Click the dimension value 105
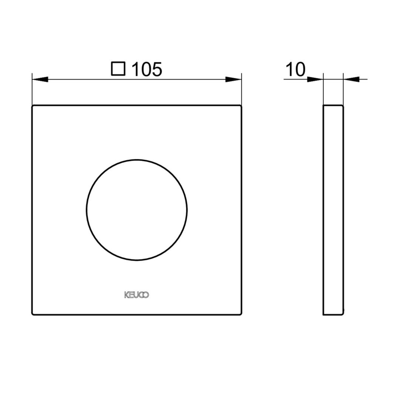tap(147, 69)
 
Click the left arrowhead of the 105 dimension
tap(40, 79)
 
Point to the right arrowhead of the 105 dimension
tap(233, 79)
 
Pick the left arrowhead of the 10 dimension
tap(315, 79)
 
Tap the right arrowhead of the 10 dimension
tap(351, 79)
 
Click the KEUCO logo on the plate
tap(137, 295)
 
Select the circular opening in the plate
tap(137, 160)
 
